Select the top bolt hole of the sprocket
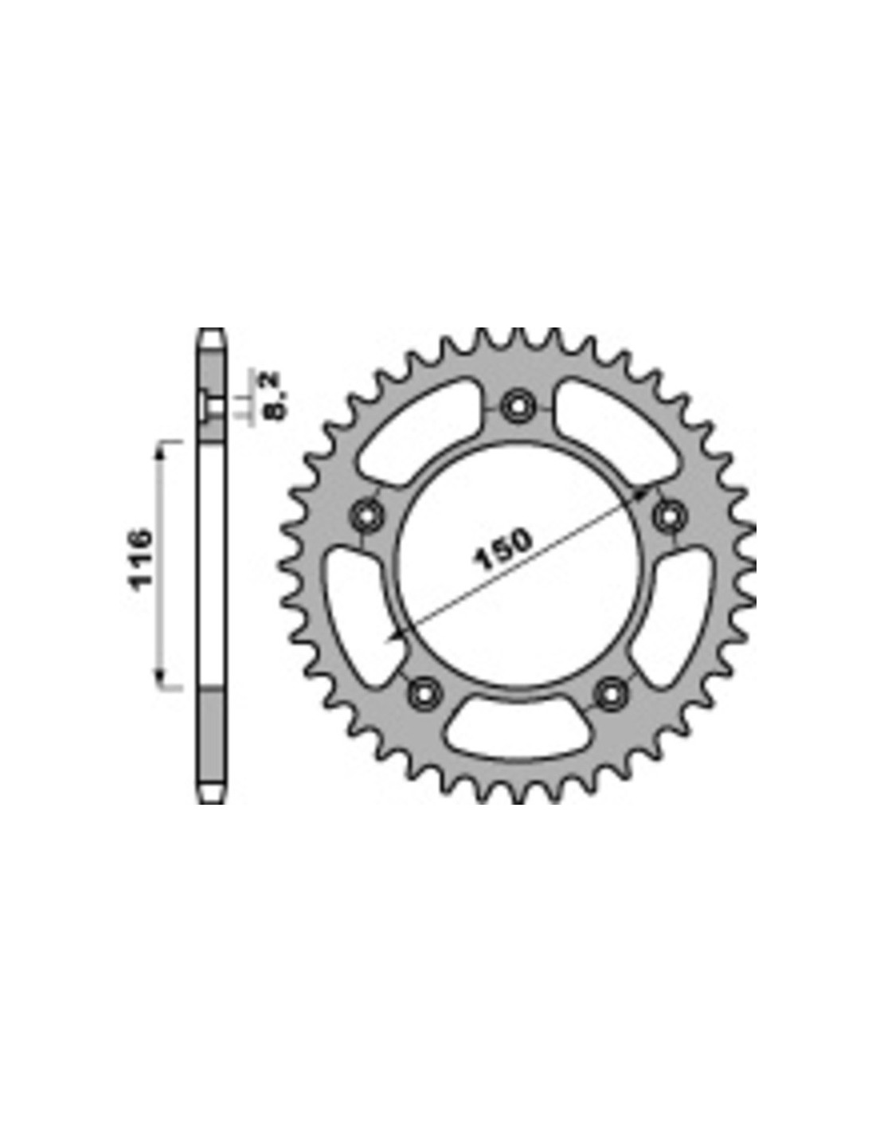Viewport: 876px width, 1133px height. pyautogui.click(x=517, y=405)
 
